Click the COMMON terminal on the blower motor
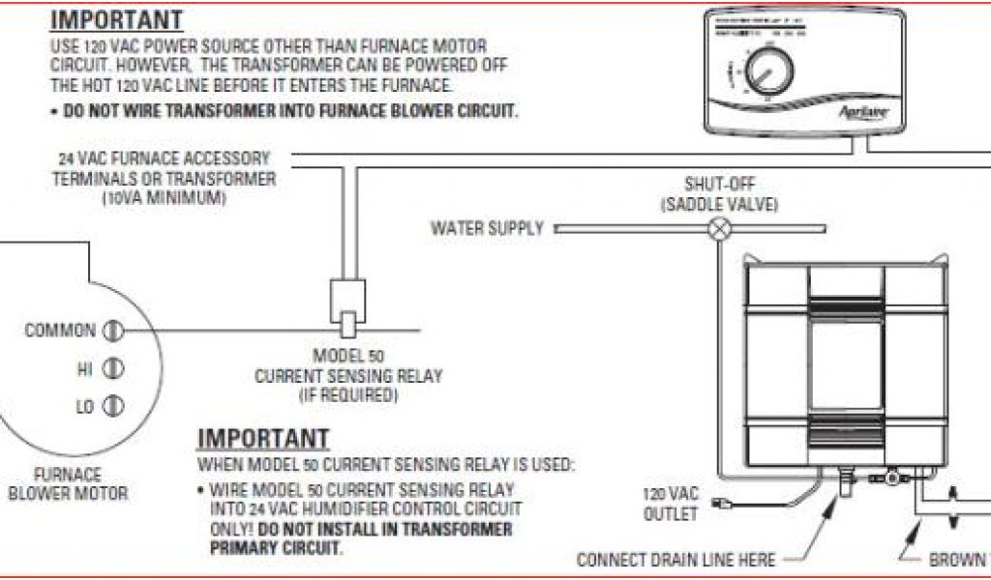click(x=112, y=332)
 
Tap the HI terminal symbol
click(x=112, y=368)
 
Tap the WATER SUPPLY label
click(x=488, y=229)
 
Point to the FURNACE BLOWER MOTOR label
click(x=68, y=484)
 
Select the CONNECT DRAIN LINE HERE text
click(x=676, y=559)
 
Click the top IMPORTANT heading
click(x=116, y=19)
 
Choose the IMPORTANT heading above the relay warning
click(x=263, y=439)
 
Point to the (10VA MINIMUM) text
click(x=164, y=198)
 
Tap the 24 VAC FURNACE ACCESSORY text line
click(x=165, y=158)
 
